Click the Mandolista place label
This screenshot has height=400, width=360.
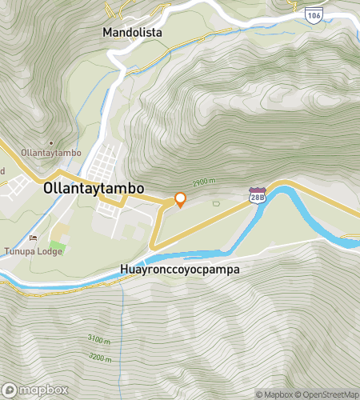(x=133, y=33)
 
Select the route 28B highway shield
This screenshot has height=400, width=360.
(x=256, y=196)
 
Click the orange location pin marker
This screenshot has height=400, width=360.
(x=180, y=200)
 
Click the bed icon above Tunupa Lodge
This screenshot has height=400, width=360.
(x=33, y=238)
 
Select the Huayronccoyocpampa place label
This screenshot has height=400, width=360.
(x=179, y=270)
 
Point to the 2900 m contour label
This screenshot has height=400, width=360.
(x=204, y=182)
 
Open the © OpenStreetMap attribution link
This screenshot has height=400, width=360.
(x=327, y=394)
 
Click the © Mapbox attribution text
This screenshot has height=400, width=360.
(x=274, y=394)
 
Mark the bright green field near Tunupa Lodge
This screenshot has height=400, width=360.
(x=57, y=244)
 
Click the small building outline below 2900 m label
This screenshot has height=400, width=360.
(x=215, y=203)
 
